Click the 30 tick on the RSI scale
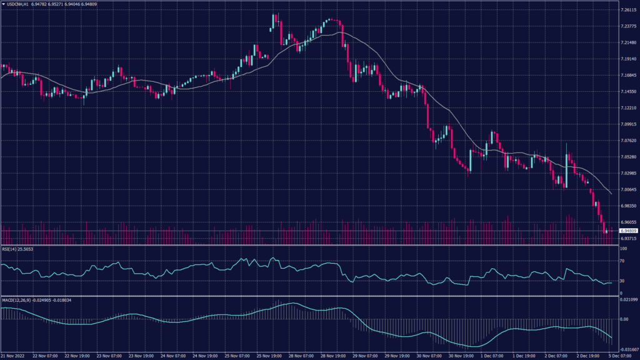[622, 281]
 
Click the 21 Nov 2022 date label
[14, 355]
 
